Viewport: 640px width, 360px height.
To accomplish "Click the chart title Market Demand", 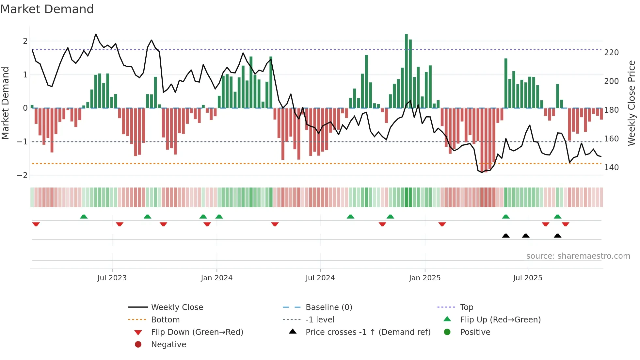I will pos(47,9).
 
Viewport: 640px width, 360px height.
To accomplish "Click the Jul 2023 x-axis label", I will pos(112,278).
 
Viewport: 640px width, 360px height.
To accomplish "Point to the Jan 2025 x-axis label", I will pos(424,278).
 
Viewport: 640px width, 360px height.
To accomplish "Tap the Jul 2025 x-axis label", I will pos(527,278).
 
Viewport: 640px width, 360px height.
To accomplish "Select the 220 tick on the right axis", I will pos(611,53).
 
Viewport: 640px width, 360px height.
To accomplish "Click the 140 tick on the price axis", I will pos(611,168).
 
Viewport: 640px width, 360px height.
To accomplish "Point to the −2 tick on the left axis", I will pos(22,175).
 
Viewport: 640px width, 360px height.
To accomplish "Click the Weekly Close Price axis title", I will pos(632,103).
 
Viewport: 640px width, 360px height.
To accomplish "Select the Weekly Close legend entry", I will pos(177,307).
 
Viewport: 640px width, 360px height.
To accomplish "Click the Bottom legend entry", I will pos(165,320).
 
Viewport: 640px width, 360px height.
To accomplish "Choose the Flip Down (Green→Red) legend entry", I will pos(197,332).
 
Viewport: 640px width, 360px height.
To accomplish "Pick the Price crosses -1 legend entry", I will pos(368,332).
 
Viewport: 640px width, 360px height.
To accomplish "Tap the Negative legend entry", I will pos(168,345).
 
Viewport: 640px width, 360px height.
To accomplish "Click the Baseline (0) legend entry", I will pos(328,307).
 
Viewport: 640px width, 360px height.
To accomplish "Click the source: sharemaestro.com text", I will pos(578,256).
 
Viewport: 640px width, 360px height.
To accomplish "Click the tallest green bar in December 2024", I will pos(406,71).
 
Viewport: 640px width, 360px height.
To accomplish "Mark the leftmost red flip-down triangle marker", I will pos(36,224).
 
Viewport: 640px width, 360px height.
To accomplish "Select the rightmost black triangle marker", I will pos(557,236).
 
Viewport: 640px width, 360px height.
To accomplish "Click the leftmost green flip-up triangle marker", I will pos(84,217).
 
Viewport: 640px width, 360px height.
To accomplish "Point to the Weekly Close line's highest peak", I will pos(96,34).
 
